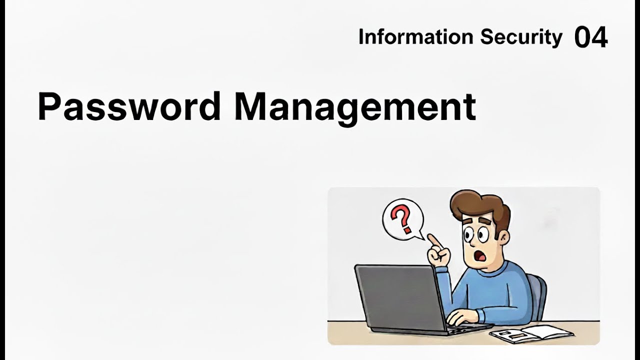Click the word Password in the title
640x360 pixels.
(129, 106)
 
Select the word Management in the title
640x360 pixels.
(355, 106)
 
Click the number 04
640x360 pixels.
(591, 37)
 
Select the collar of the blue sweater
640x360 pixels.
(495, 270)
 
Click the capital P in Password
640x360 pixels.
(49, 106)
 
